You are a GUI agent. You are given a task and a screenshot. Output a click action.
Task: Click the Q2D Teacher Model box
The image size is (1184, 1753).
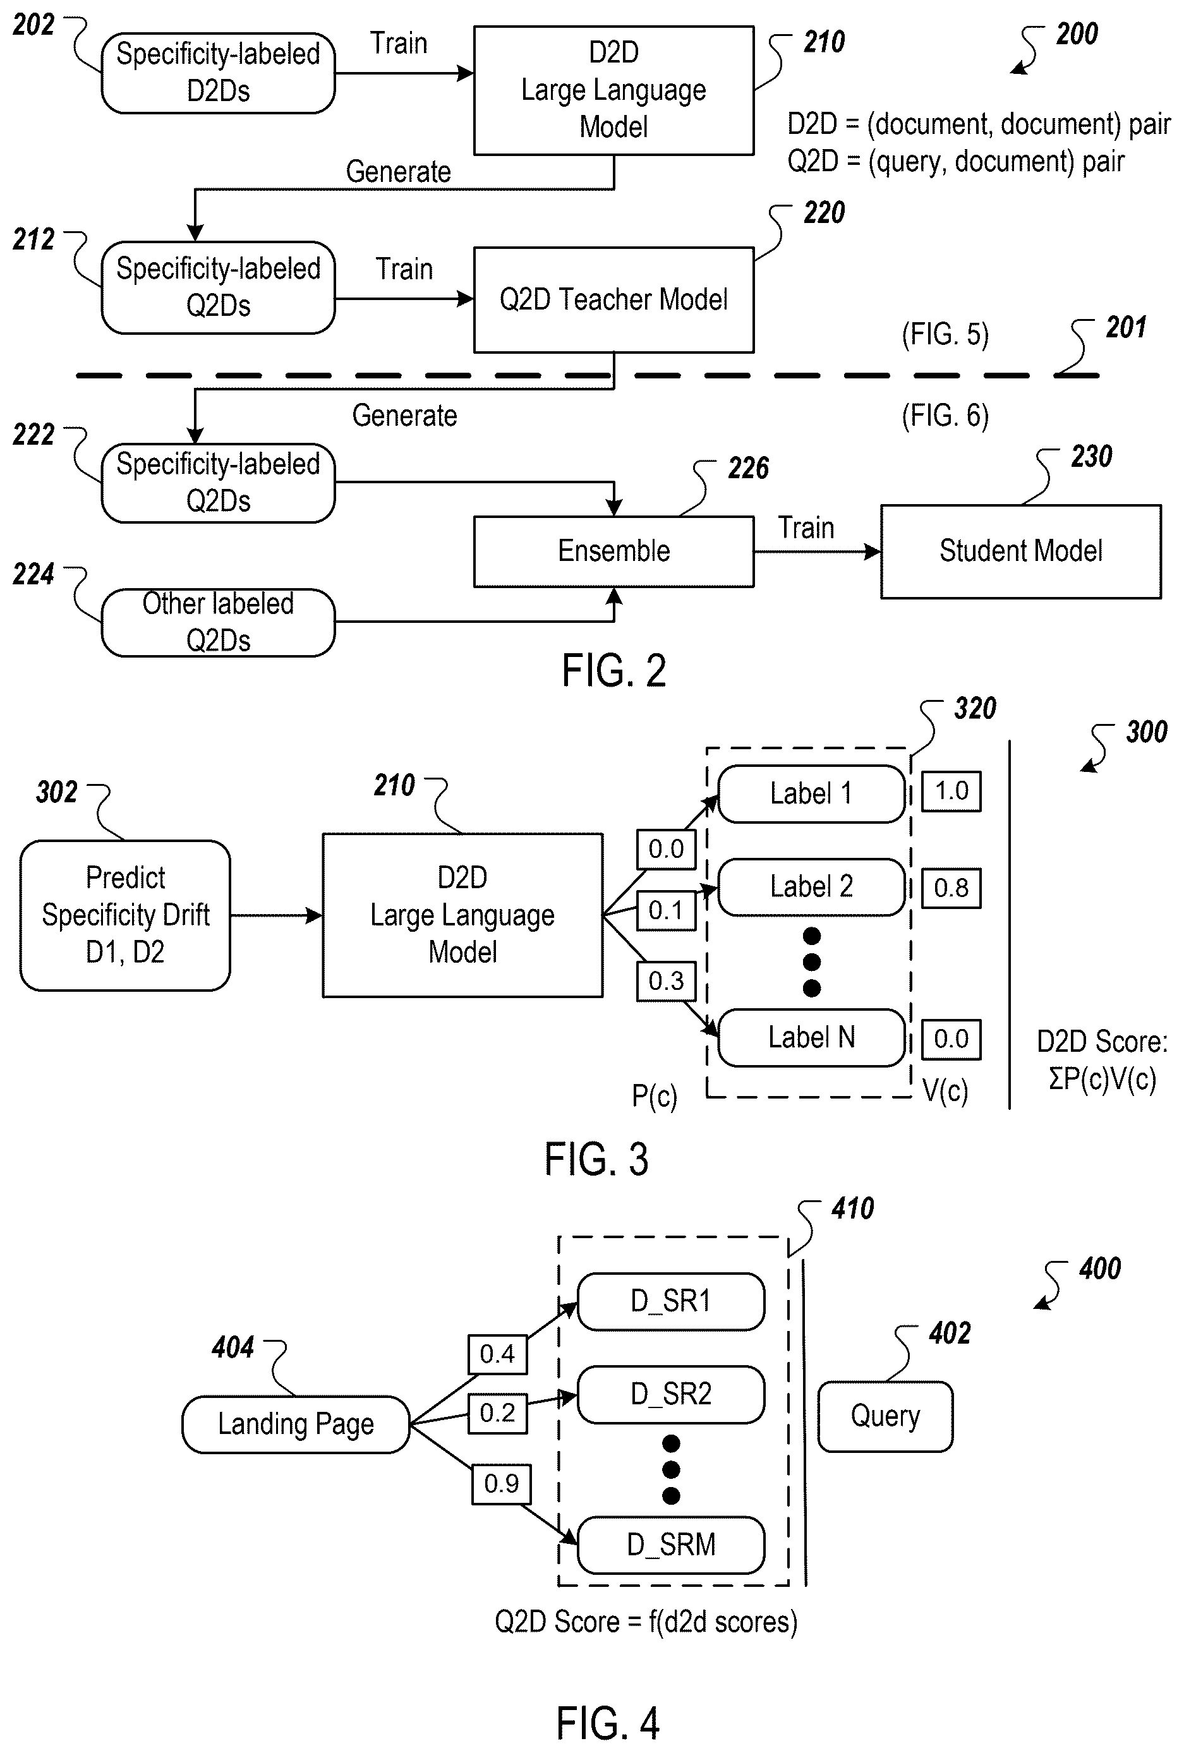click(613, 299)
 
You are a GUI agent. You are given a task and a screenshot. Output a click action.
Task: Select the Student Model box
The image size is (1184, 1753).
click(1020, 551)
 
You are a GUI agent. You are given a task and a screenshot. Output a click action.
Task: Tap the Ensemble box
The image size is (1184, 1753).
click(613, 551)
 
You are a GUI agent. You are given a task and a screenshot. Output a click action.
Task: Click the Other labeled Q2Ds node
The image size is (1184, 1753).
click(218, 622)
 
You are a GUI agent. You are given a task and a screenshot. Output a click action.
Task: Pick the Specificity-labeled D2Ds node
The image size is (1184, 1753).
click(218, 73)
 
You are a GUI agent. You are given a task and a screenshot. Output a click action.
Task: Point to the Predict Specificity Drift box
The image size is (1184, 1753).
click(125, 915)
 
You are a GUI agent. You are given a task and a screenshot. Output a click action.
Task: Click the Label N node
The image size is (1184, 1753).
click(811, 1037)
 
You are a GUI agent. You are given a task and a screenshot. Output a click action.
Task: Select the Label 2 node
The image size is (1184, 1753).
click(811, 886)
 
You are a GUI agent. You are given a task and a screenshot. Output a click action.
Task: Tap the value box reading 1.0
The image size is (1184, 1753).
click(951, 792)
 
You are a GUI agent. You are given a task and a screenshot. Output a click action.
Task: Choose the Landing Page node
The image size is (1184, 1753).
click(296, 1424)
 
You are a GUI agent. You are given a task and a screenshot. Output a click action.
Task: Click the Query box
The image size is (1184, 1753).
click(885, 1416)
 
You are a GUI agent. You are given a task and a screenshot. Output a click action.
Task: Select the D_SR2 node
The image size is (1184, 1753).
click(671, 1395)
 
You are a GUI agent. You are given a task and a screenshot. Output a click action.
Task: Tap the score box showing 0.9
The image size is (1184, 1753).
click(502, 1484)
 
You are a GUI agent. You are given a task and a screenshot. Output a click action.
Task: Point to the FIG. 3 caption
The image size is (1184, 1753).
click(596, 1159)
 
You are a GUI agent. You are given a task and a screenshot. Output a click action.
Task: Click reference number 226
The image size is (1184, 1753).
click(748, 469)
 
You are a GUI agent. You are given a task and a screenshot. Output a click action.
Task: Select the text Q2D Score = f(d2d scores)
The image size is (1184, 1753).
click(646, 1622)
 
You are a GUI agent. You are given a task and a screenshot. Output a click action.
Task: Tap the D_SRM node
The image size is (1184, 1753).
click(671, 1545)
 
